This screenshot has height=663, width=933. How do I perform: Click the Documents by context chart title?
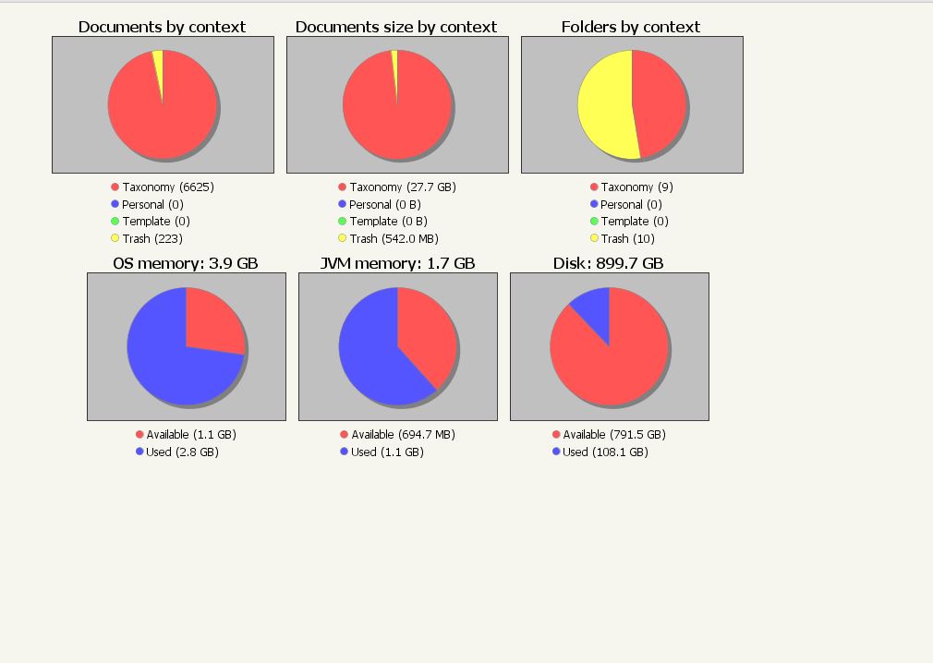point(162,27)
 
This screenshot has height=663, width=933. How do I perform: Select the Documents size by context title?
point(396,27)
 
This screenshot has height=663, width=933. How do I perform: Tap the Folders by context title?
point(631,27)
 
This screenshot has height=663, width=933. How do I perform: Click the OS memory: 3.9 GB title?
point(186,263)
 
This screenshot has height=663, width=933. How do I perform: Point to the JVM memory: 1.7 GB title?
point(397,263)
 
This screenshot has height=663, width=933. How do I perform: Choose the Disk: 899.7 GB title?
point(609,263)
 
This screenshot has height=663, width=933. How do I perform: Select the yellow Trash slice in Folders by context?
point(605,106)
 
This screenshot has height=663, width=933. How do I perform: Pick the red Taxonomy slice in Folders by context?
point(660,102)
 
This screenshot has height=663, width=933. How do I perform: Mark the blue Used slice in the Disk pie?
point(594,309)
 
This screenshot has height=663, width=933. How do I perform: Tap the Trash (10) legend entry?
point(627,239)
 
